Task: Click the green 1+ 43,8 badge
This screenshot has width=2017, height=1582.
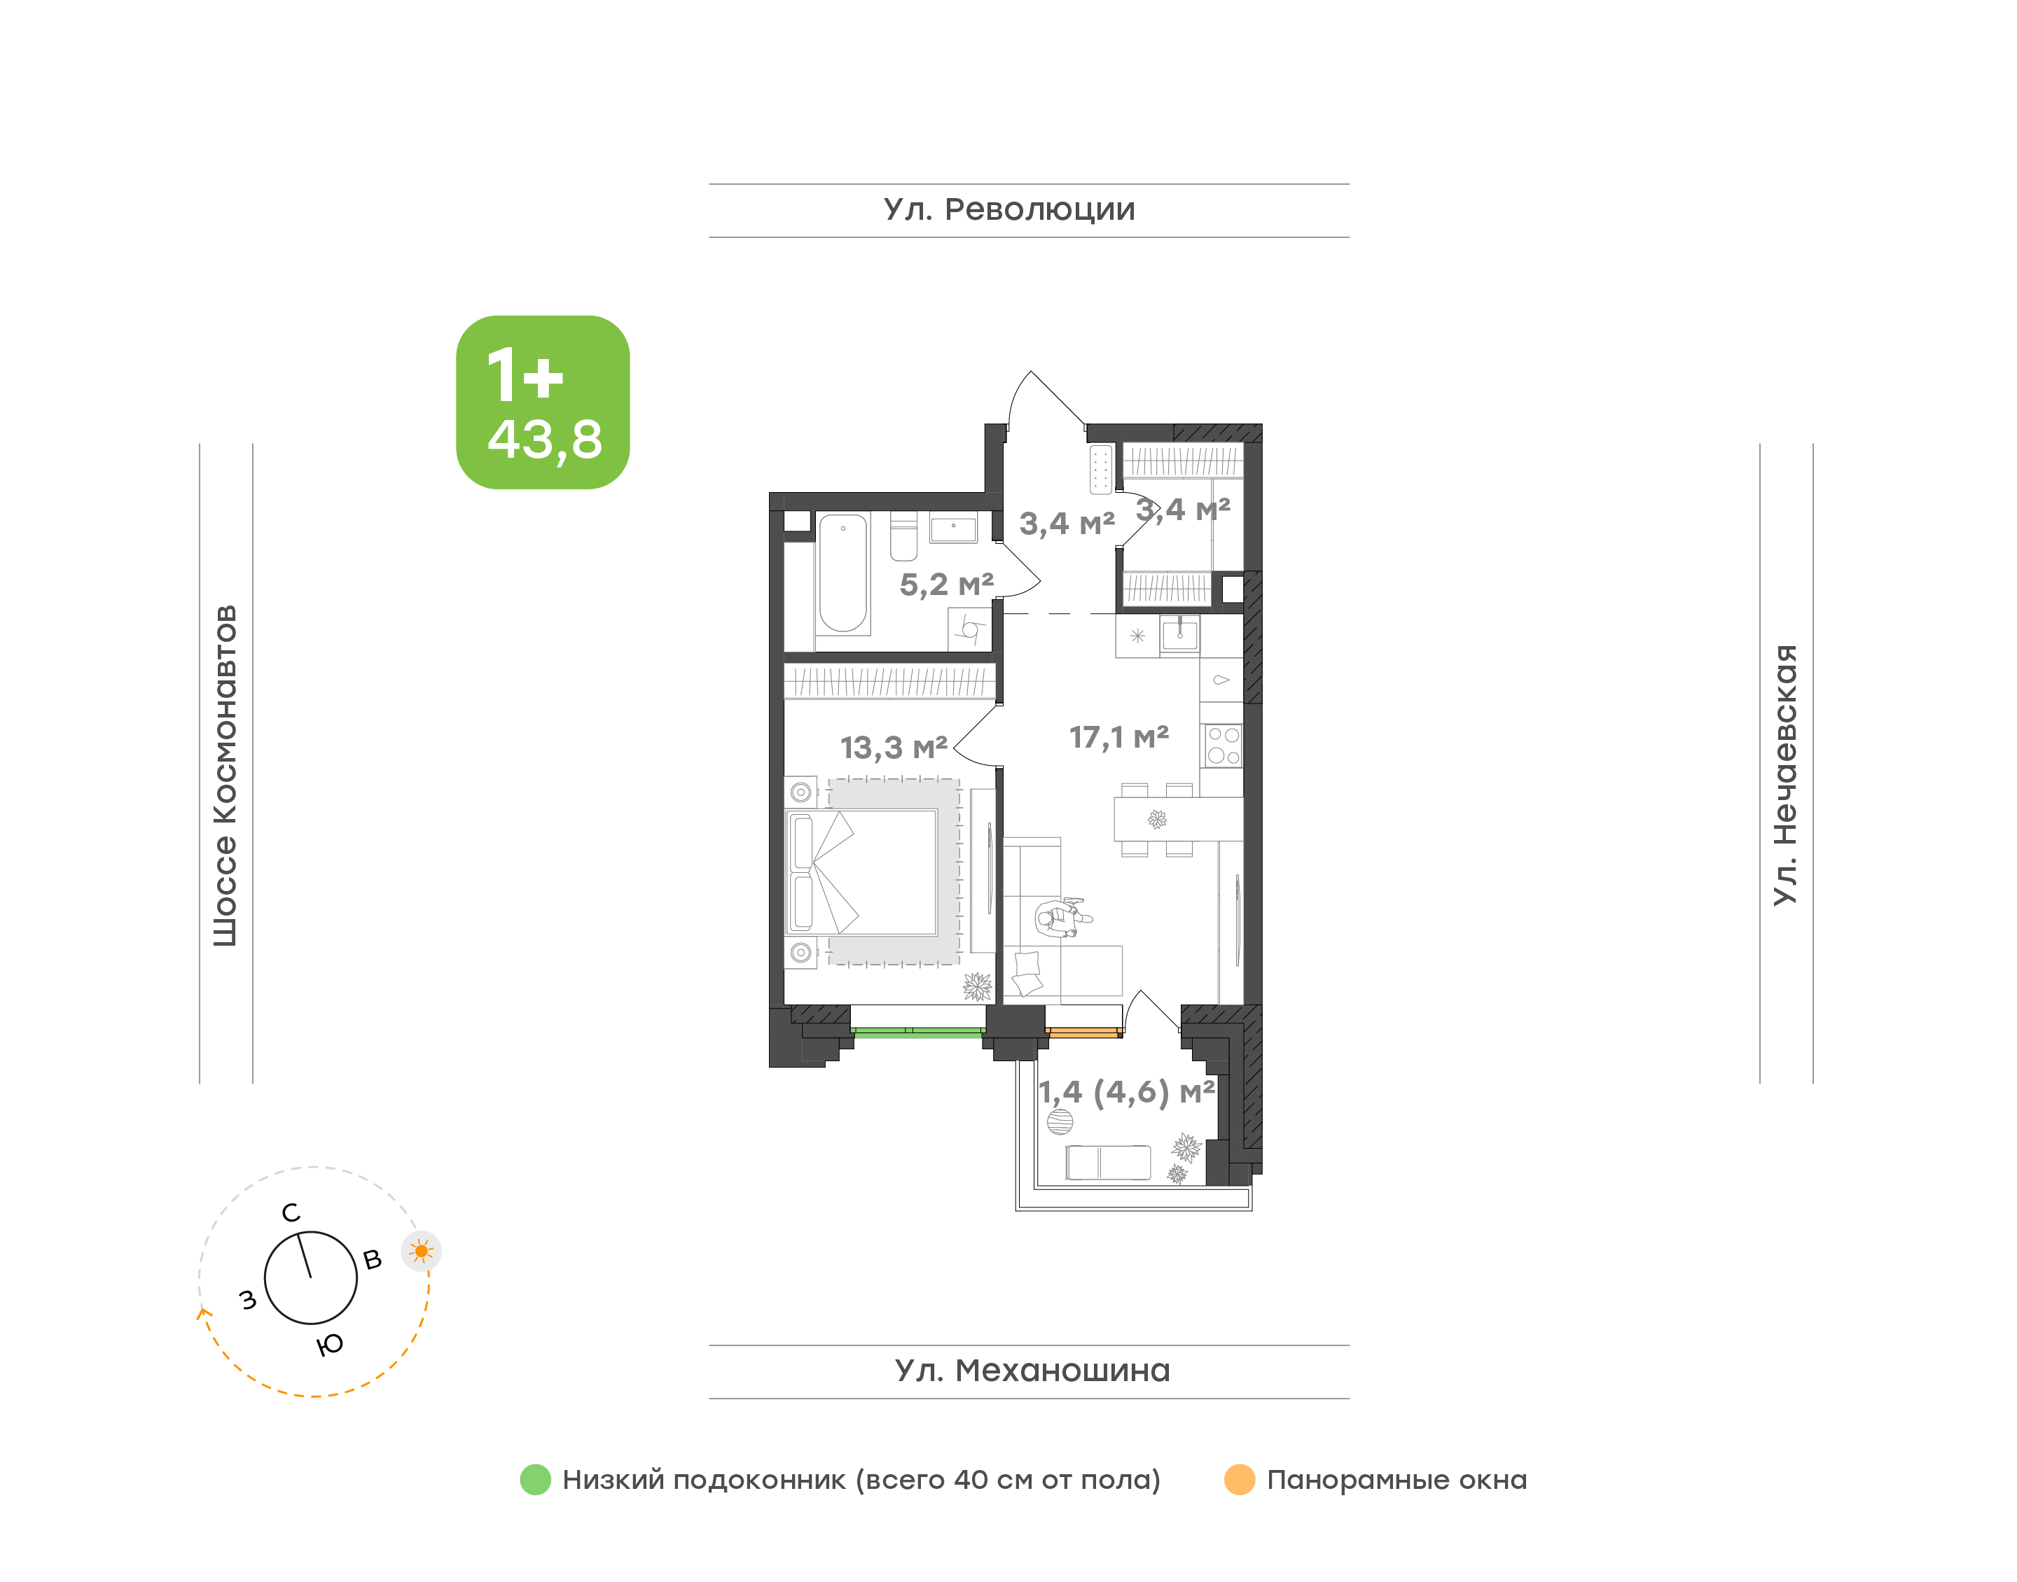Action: pyautogui.click(x=542, y=402)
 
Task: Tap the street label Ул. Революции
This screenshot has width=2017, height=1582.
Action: pyautogui.click(x=1009, y=210)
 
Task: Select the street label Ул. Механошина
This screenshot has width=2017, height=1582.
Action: pyautogui.click(x=1032, y=1370)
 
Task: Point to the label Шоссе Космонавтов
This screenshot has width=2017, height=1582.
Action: pyautogui.click(x=225, y=776)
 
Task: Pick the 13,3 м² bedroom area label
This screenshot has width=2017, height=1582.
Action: pyautogui.click(x=893, y=748)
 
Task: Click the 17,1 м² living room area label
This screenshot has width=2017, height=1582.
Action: pyautogui.click(x=1118, y=737)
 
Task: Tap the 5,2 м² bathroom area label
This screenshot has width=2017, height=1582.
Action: pyautogui.click(x=946, y=584)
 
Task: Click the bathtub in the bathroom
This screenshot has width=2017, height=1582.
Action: pyautogui.click(x=843, y=573)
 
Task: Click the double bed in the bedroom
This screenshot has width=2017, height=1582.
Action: pyautogui.click(x=861, y=871)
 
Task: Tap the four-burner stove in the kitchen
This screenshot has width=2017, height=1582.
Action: pyautogui.click(x=1223, y=745)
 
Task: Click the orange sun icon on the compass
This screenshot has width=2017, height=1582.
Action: pyautogui.click(x=422, y=1252)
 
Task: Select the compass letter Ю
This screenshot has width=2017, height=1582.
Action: pyautogui.click(x=330, y=1345)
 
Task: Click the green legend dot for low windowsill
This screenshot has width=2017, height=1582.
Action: pyautogui.click(x=536, y=1479)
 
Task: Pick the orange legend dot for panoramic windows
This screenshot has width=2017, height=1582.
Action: pyautogui.click(x=1240, y=1479)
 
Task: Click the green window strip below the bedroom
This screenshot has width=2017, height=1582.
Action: pyautogui.click(x=917, y=1032)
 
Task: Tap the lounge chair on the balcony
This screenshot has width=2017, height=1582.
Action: pyautogui.click(x=1108, y=1163)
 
